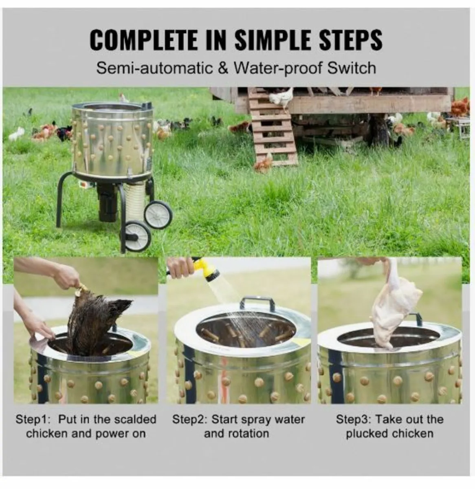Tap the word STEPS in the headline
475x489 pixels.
[351, 40]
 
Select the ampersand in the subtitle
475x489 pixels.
[223, 68]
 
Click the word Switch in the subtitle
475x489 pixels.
[352, 68]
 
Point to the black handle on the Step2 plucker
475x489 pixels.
[256, 303]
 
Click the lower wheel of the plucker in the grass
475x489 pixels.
[138, 237]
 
